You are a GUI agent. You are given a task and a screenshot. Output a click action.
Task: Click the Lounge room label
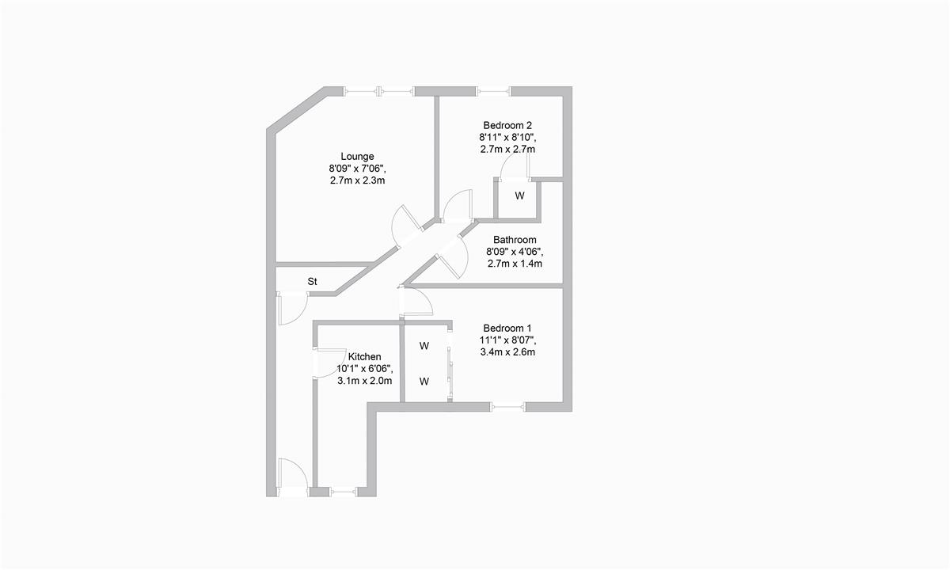[x=357, y=157]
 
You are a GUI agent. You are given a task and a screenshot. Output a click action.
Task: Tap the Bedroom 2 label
[x=507, y=126]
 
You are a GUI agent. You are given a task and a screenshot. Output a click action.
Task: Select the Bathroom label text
[x=515, y=240]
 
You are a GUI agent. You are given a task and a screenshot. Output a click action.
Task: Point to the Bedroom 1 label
[x=507, y=329]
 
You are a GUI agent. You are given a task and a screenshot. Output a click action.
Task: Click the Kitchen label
[x=364, y=357]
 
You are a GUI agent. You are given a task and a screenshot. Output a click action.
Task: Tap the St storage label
[x=312, y=282]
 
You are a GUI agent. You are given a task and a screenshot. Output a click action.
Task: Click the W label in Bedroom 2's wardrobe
[x=519, y=196]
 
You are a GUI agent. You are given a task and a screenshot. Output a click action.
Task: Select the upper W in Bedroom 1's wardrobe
[x=424, y=346]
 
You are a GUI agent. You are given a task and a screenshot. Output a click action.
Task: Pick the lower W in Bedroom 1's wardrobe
[x=424, y=382]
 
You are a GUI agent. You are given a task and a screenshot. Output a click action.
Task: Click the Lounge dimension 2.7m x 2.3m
[x=358, y=180]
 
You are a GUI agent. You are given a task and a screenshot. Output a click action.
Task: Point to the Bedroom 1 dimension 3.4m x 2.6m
[x=507, y=352]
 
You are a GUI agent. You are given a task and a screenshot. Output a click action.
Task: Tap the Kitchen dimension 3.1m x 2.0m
[x=364, y=381]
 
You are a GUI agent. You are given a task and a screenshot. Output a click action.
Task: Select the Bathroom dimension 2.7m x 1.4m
[x=515, y=264]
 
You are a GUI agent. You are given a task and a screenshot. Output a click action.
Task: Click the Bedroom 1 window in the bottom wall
[x=507, y=407]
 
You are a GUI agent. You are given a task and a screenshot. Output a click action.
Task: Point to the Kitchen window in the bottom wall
[x=344, y=492]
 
